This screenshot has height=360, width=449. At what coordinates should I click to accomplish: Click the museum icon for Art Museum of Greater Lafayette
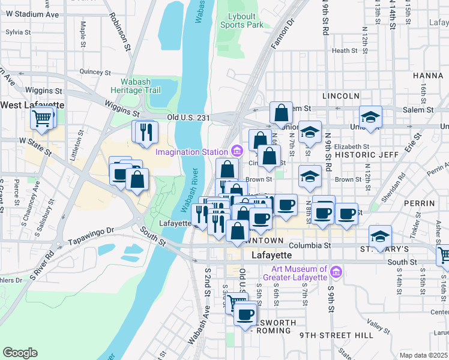click(336, 273)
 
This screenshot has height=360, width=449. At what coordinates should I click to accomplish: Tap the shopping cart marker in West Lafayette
click(42, 118)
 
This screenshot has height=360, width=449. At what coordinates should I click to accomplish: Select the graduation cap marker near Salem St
click(370, 117)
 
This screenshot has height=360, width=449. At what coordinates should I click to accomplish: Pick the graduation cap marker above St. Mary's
click(381, 236)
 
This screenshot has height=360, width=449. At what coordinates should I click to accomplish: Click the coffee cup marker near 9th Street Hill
click(244, 314)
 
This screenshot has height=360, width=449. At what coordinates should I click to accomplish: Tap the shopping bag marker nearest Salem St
click(281, 112)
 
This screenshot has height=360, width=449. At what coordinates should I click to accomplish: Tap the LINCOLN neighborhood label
click(340, 96)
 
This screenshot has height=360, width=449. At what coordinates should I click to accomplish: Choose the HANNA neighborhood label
click(427, 76)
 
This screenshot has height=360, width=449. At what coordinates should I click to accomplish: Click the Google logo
click(20, 352)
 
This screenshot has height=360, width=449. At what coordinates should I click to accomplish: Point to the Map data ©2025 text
click(423, 355)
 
